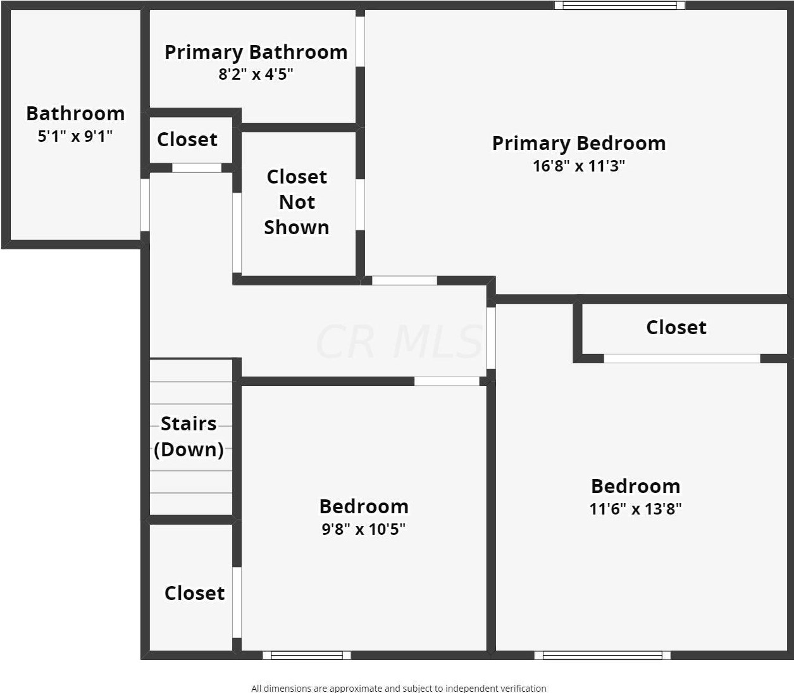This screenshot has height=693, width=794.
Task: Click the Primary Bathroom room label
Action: tap(256, 52)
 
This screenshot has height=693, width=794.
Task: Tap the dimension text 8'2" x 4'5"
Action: tap(256, 74)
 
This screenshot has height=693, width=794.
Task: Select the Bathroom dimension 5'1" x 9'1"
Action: tap(75, 135)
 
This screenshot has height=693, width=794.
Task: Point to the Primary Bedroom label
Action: tap(579, 143)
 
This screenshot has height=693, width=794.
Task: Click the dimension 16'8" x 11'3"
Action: tap(579, 166)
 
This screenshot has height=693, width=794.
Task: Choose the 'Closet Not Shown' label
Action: tap(297, 202)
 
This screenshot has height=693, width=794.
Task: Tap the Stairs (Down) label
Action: tap(189, 436)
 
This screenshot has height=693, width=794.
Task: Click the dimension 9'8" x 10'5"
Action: tap(364, 529)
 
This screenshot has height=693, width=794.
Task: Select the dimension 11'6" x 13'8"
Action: tap(635, 509)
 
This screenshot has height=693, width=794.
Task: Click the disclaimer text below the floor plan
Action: tap(399, 688)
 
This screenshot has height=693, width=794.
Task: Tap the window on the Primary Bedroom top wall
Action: tap(619, 6)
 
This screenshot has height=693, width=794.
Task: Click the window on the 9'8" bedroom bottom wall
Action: tap(307, 655)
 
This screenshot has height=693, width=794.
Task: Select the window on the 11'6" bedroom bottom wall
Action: tap(602, 655)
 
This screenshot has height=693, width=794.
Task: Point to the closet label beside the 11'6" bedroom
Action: tap(676, 327)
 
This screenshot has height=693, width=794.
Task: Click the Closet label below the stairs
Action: tap(194, 593)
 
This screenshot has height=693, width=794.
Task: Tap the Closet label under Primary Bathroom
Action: tap(187, 139)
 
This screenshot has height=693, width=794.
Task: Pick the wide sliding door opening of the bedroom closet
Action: tap(681, 358)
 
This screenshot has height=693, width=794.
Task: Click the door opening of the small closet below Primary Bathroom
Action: tap(197, 168)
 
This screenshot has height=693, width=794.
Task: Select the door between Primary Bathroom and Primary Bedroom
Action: tap(360, 41)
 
